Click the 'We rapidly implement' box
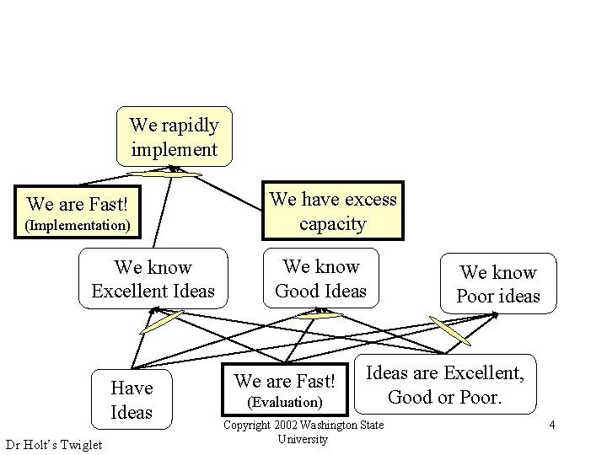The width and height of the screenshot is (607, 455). (x=174, y=137)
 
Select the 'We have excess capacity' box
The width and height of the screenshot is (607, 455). (x=332, y=211)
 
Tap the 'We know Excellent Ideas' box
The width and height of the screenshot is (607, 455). (x=153, y=279)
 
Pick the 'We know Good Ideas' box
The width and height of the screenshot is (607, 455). (x=320, y=278)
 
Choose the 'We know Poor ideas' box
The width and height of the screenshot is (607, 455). (x=497, y=283)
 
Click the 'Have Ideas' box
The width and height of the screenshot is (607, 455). (x=132, y=399)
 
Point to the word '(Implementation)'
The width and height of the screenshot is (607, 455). (x=77, y=226)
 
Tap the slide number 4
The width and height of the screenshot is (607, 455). (x=551, y=425)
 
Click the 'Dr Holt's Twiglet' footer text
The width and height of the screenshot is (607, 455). (x=53, y=444)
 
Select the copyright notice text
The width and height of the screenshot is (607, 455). (x=303, y=432)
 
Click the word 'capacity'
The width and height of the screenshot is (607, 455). (x=333, y=224)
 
